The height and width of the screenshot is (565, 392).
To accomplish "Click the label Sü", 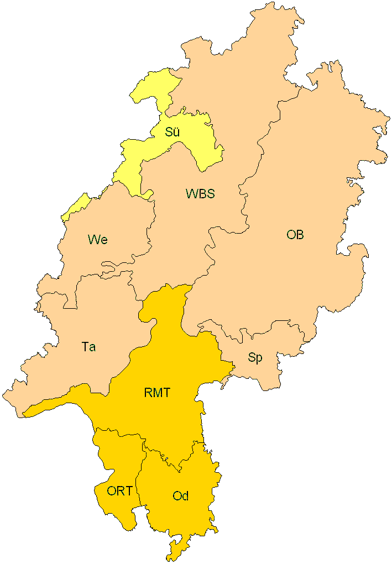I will pyautogui.click(x=173, y=133).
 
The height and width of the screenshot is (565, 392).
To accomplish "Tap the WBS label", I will pyautogui.click(x=200, y=194).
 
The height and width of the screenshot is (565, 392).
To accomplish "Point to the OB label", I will pyautogui.click(x=295, y=235).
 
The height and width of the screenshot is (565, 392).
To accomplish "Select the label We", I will pyautogui.click(x=97, y=240).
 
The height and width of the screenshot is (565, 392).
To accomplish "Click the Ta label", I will pyautogui.click(x=88, y=347).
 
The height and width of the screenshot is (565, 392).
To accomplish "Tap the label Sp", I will pyautogui.click(x=255, y=358).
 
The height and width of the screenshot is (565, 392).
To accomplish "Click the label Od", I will pyautogui.click(x=180, y=496).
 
